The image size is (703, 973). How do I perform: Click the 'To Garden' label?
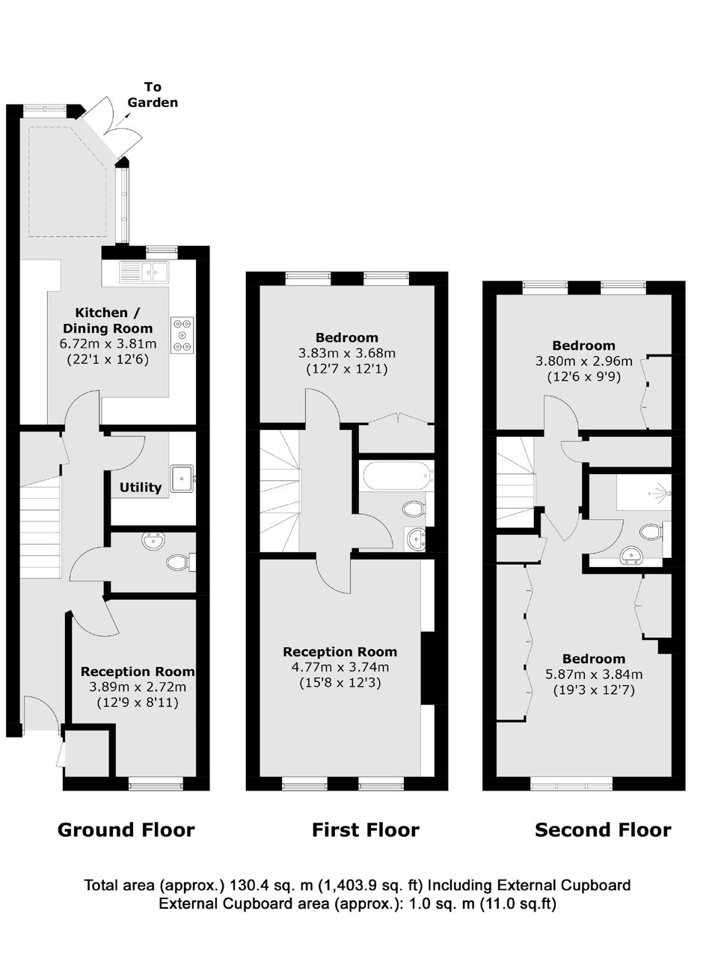pos(153,95)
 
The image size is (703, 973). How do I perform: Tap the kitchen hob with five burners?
pos(182,335)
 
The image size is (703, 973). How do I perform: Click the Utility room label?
pos(141,488)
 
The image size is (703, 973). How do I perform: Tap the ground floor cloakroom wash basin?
pos(153,541)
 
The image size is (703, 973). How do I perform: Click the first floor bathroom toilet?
pos(417,509)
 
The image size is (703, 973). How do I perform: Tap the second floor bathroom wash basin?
pos(633,556)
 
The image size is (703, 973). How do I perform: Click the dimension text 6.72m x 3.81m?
pos(108,344)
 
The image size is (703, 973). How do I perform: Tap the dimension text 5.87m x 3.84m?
pos(594,675)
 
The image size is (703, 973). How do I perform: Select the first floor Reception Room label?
pos(340,651)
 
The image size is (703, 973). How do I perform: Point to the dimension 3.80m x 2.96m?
pos(584,361)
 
